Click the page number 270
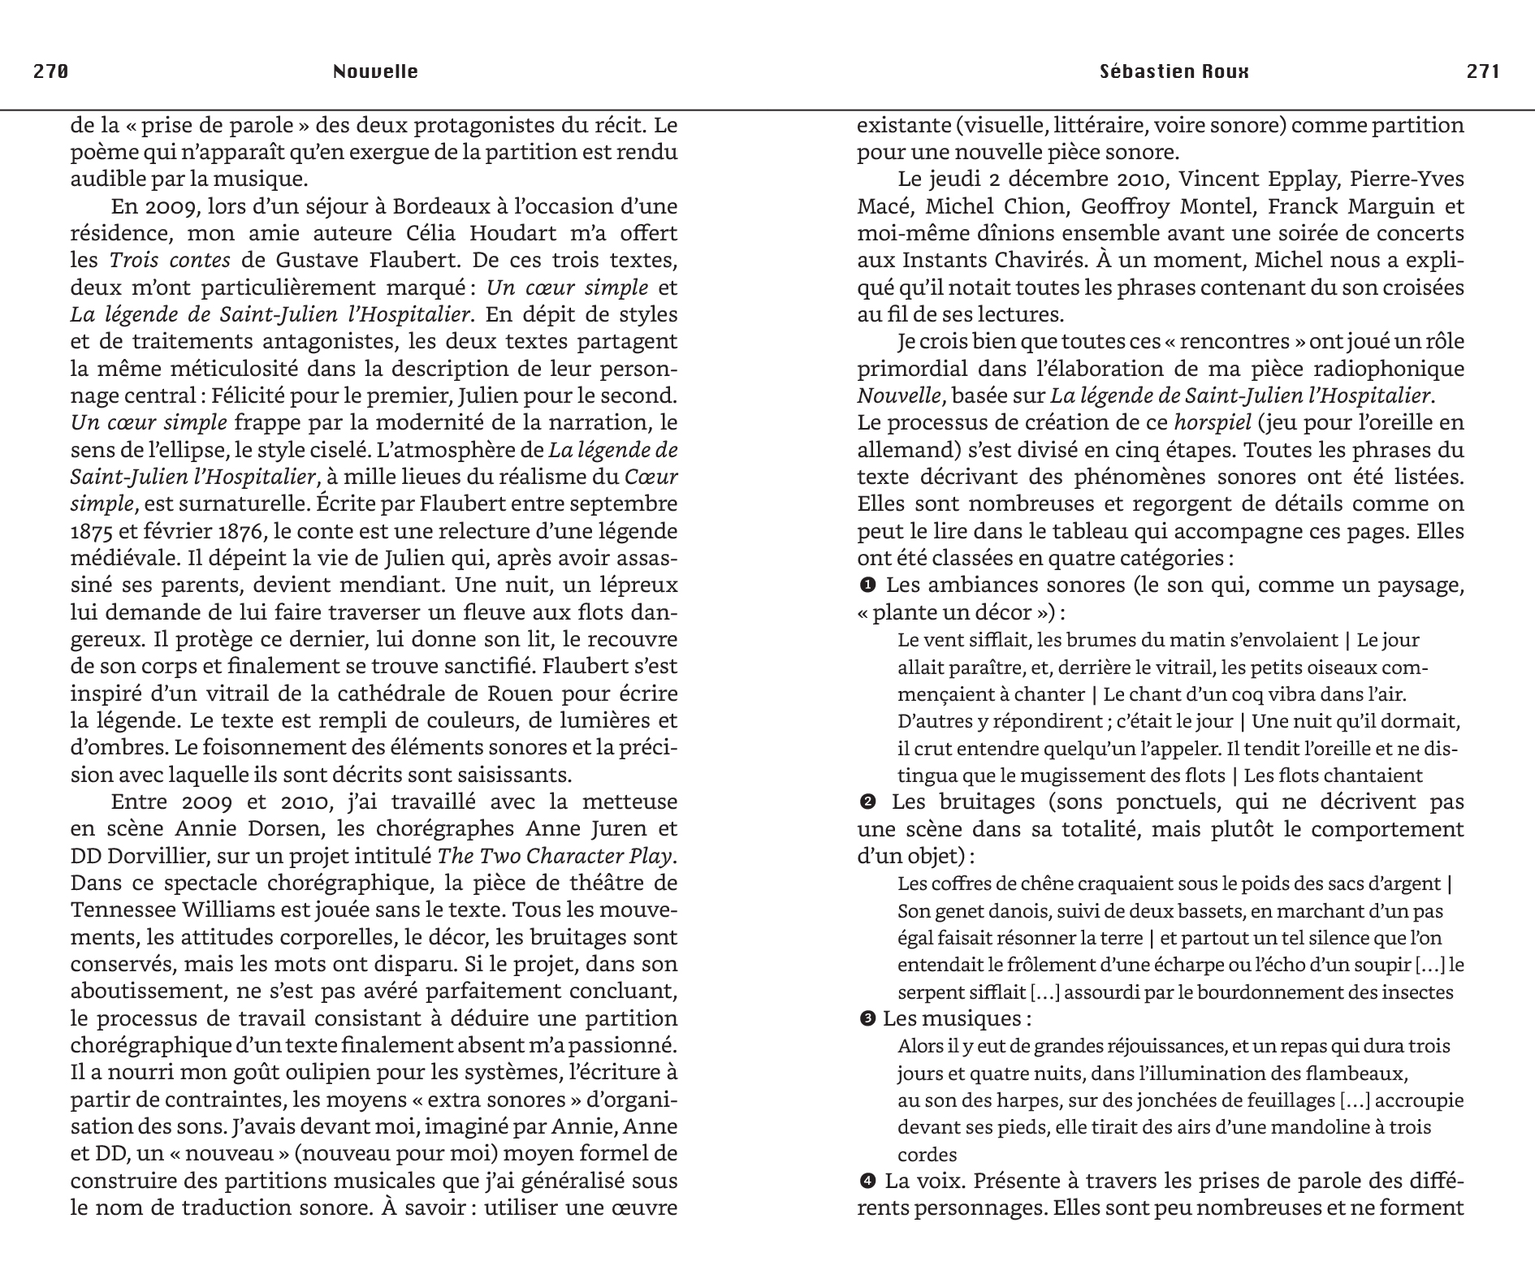(x=50, y=71)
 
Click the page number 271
(x=1483, y=71)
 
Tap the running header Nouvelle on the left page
(x=375, y=71)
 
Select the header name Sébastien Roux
(x=1174, y=71)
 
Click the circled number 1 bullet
(x=867, y=585)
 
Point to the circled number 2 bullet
(x=867, y=802)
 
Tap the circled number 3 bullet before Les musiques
(x=867, y=1019)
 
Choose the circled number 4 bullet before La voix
(x=867, y=1181)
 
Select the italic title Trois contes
(x=170, y=261)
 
